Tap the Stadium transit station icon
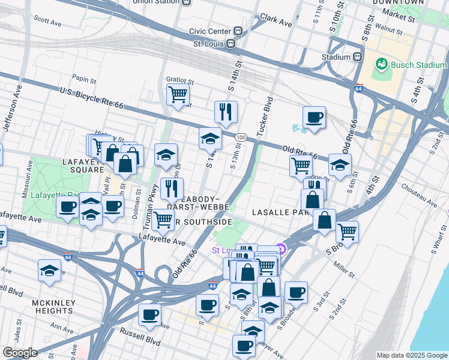click(x=357, y=57)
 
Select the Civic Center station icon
click(x=238, y=31)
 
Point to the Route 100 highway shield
click(x=240, y=137)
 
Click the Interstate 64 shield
click(x=358, y=88)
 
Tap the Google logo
click(x=20, y=353)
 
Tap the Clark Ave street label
click(x=276, y=21)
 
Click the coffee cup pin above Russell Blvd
click(x=149, y=314)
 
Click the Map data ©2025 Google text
click(x=411, y=355)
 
